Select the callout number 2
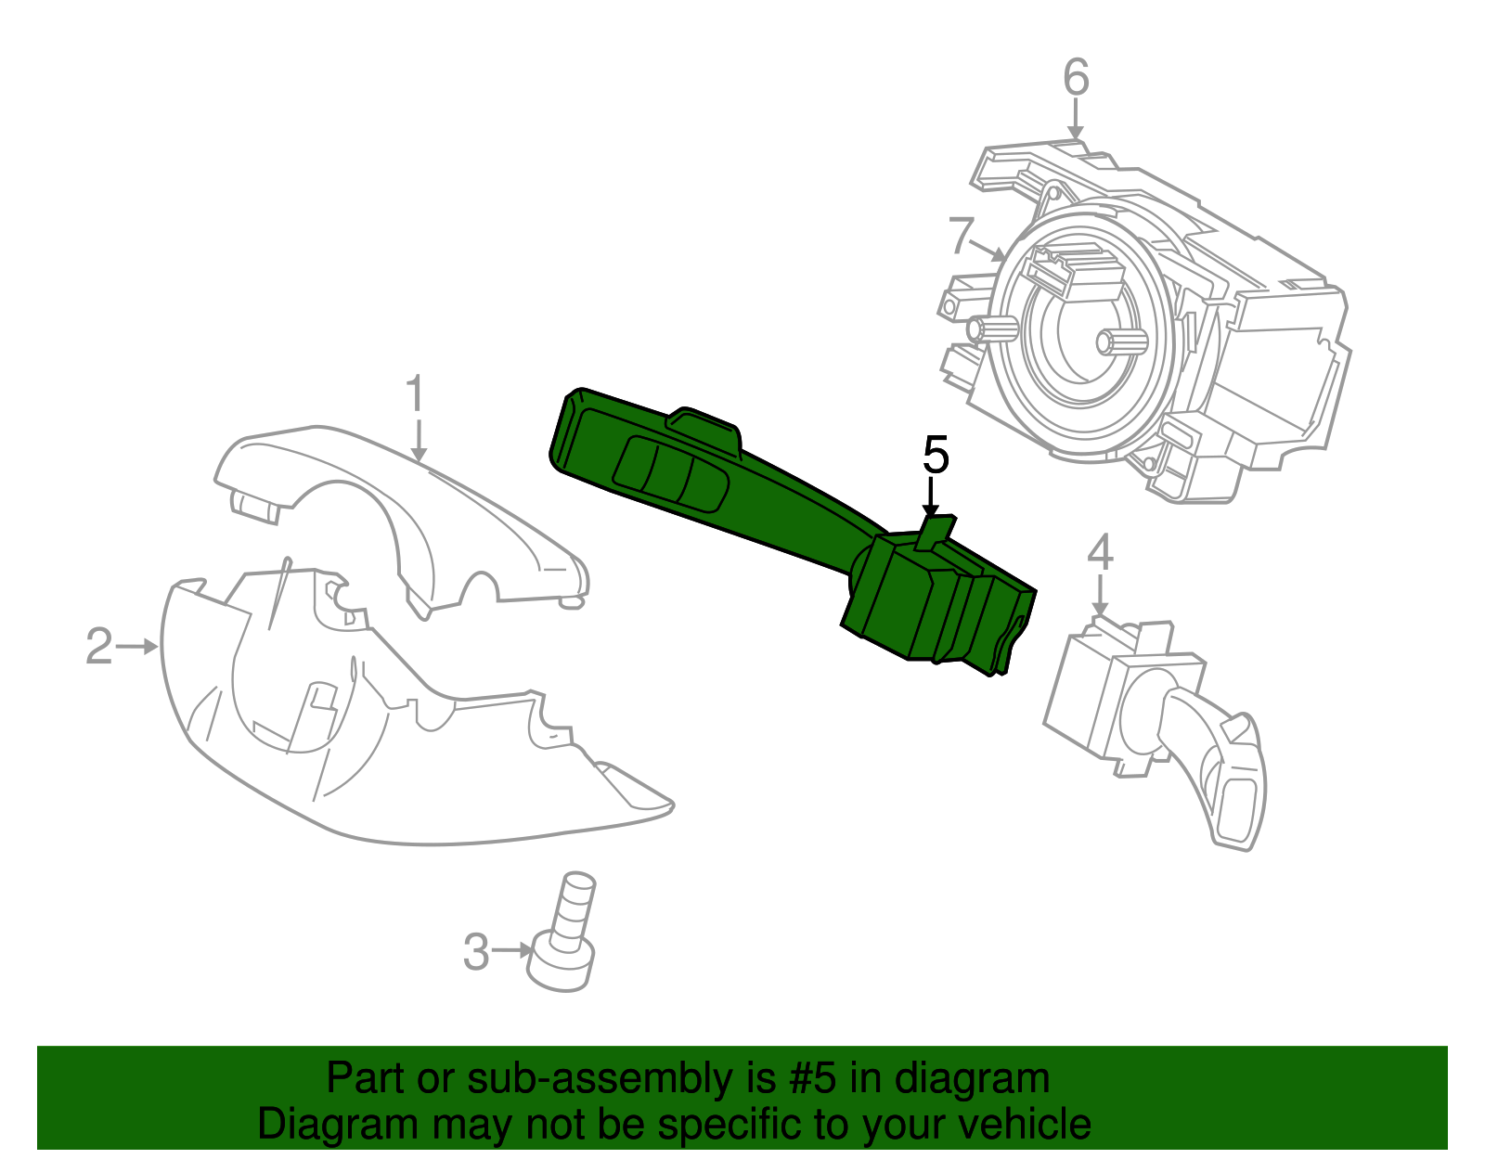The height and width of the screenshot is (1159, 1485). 98,646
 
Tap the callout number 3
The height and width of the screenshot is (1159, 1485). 475,952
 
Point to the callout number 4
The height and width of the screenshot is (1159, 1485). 1100,553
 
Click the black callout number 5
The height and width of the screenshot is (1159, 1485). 936,456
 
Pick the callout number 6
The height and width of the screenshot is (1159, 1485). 1076,77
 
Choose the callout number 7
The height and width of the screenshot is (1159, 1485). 962,235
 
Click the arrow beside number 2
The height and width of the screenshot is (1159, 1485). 139,646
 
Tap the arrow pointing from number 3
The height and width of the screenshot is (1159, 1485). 513,950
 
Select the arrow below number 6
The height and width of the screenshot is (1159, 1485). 1076,121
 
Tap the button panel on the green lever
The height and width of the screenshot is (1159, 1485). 668,473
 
